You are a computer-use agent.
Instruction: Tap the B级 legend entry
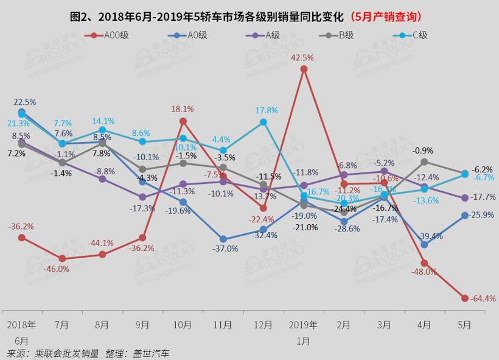tap(344, 35)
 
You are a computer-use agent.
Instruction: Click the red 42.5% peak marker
tap(304, 69)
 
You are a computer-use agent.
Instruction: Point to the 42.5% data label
tap(302, 57)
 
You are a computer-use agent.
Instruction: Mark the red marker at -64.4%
tap(465, 298)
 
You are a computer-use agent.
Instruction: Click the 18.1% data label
tap(183, 109)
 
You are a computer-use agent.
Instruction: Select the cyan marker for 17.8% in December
tap(263, 122)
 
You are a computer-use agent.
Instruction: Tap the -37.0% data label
tap(225, 249)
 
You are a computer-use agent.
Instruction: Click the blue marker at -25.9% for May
tap(465, 215)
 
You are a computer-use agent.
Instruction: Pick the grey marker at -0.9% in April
tap(425, 161)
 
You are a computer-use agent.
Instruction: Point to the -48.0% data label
tap(425, 272)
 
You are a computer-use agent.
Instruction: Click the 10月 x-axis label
tap(183, 325)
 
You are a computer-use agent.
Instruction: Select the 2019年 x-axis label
tap(304, 325)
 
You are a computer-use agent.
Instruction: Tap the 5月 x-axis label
tap(465, 325)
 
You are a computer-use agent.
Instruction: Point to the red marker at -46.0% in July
tap(62, 258)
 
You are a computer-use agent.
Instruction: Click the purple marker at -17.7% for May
tap(465, 198)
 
